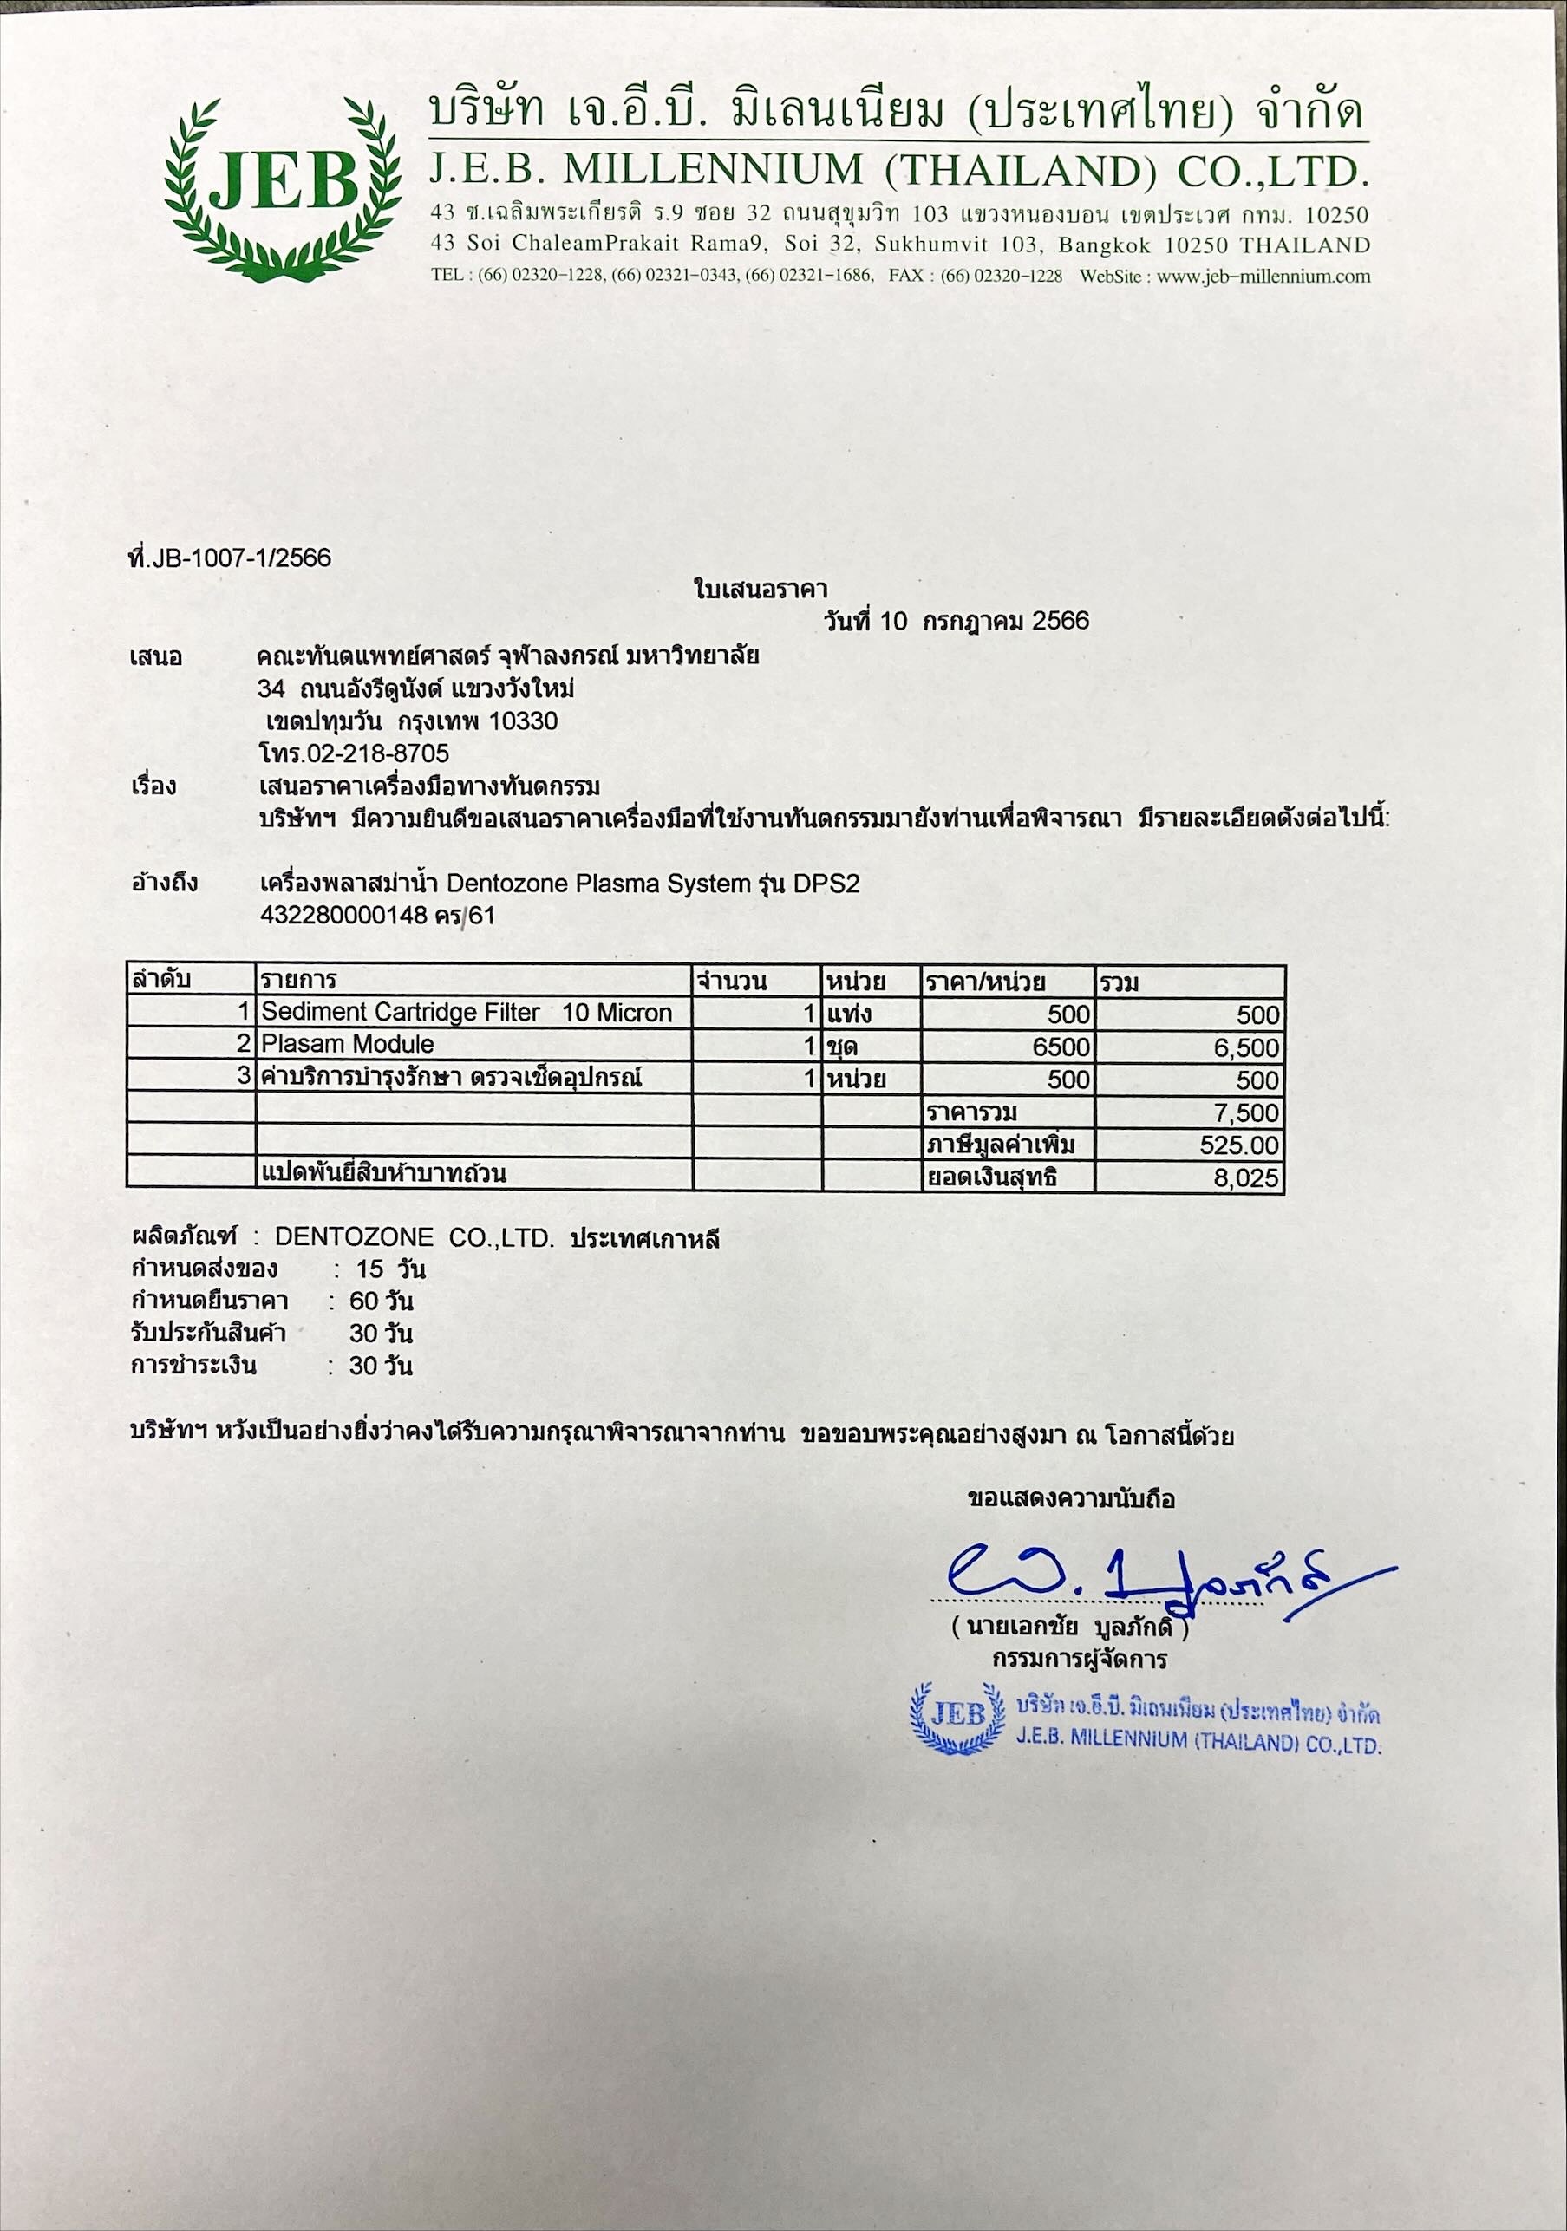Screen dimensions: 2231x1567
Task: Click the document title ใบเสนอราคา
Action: [x=761, y=589]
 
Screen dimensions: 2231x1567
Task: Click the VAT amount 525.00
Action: [x=1239, y=1145]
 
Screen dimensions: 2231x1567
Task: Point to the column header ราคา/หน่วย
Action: [x=986, y=982]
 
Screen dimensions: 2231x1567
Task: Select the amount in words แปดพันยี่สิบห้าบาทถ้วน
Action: [x=384, y=1174]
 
